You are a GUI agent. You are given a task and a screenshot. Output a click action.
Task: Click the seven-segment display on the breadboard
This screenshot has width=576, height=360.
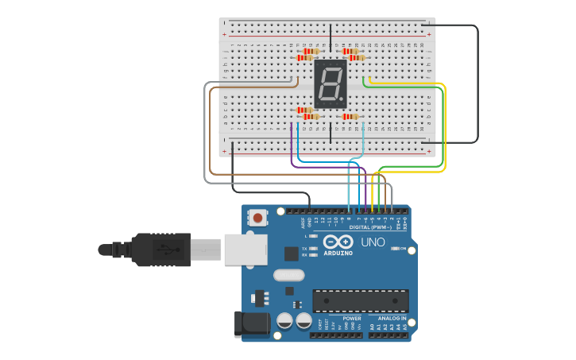[x=331, y=83]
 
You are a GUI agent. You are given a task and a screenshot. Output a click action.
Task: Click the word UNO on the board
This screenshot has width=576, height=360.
[x=373, y=242]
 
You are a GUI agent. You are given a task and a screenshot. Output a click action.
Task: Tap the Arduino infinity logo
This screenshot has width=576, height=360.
[x=338, y=242]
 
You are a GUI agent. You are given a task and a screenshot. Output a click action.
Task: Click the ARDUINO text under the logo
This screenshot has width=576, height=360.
[x=338, y=254]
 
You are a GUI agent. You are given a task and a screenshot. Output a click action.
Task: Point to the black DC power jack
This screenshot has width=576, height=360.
[x=248, y=323]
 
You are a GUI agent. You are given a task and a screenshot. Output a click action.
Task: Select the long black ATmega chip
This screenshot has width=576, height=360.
[x=361, y=300]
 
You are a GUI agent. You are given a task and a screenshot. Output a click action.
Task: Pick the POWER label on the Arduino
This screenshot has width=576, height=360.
[x=351, y=318]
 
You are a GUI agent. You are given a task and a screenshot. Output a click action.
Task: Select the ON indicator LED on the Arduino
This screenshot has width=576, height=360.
[x=395, y=249]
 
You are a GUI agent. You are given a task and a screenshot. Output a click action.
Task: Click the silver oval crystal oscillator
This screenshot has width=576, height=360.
[x=288, y=275]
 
